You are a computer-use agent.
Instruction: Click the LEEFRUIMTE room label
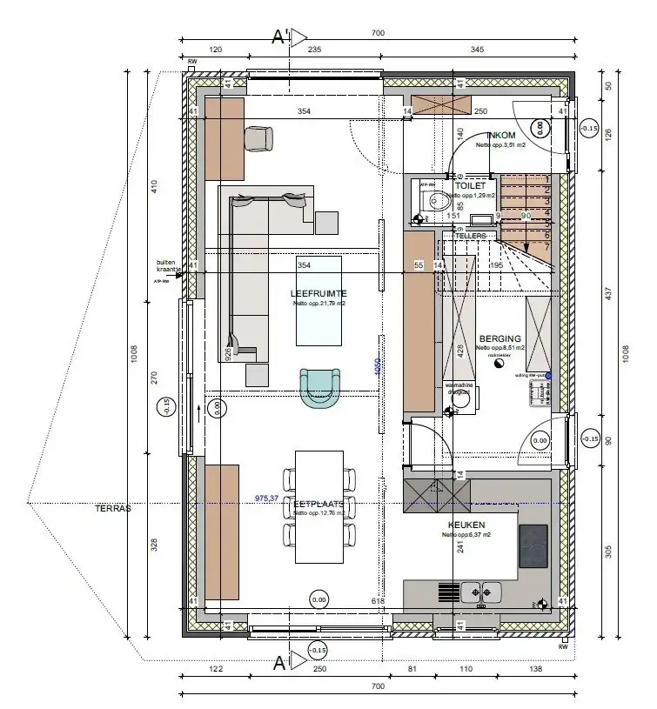(x=318, y=293)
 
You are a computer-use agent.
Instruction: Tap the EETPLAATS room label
(x=319, y=504)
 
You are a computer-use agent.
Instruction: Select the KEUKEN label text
(x=466, y=525)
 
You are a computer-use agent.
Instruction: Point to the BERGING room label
(x=499, y=338)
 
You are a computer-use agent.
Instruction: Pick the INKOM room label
(x=502, y=136)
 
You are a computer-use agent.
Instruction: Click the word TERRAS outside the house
(x=113, y=509)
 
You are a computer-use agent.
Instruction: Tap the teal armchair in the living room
(x=319, y=386)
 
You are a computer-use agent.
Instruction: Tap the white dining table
(x=319, y=505)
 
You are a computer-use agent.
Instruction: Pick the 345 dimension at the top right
(x=477, y=50)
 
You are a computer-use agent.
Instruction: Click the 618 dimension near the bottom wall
(x=377, y=601)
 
